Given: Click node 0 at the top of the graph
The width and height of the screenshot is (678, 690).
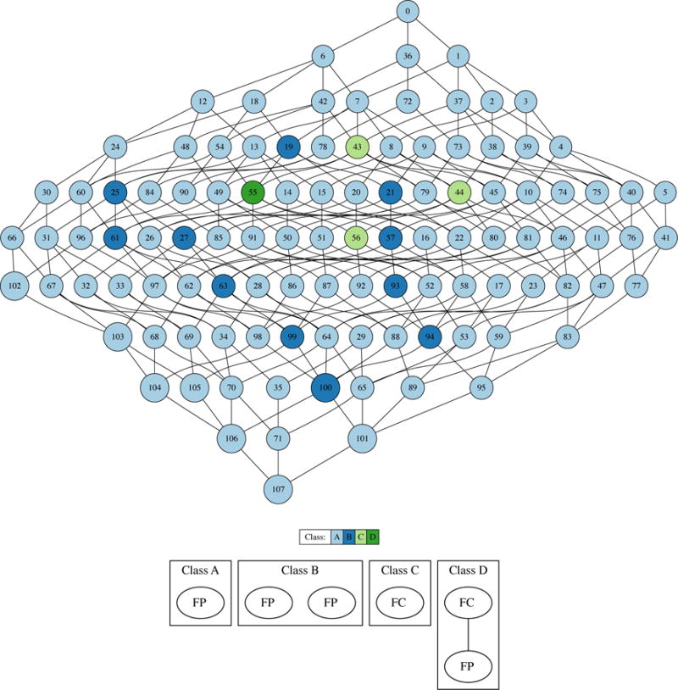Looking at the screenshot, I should [408, 12].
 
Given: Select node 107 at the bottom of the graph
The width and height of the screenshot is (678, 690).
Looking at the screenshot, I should [279, 489].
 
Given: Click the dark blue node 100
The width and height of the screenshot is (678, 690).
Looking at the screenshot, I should [324, 388].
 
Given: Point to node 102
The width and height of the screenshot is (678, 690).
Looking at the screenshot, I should [14, 285].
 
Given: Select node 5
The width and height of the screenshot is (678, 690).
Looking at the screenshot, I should [665, 192].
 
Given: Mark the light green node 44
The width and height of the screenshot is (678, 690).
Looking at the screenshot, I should [461, 192].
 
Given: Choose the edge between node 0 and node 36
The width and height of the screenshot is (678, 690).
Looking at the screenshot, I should [408, 34].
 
